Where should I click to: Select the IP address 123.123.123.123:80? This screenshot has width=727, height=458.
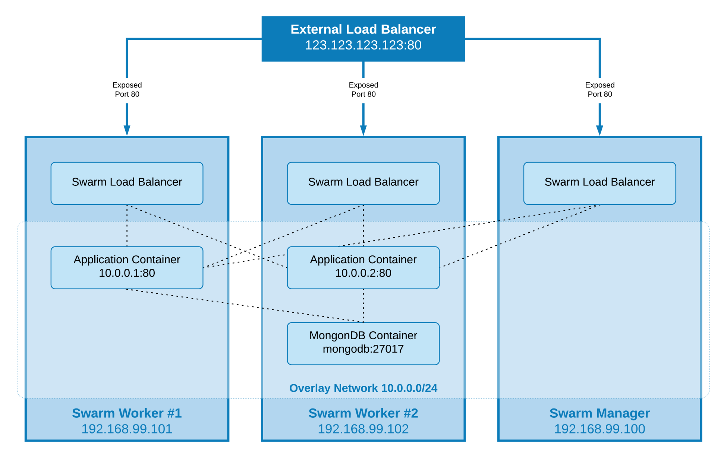click(x=363, y=45)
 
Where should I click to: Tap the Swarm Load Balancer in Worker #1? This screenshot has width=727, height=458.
click(x=127, y=183)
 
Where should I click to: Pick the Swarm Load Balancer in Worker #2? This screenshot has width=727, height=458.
click(x=363, y=183)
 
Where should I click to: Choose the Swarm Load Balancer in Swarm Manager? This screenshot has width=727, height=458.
click(x=599, y=183)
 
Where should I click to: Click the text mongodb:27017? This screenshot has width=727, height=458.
click(x=363, y=349)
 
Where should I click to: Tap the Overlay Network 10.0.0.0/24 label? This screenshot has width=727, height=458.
click(x=363, y=388)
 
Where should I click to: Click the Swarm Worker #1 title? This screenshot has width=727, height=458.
click(x=127, y=413)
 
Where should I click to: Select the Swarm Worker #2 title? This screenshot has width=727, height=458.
click(x=363, y=413)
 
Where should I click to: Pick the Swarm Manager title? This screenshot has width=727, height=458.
click(x=599, y=413)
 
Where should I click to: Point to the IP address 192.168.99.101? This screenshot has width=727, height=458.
click(x=127, y=429)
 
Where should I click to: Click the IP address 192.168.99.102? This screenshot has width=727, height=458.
click(x=363, y=429)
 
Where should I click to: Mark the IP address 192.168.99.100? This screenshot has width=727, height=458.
click(x=599, y=429)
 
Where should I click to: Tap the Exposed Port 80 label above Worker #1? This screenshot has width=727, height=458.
click(x=127, y=89)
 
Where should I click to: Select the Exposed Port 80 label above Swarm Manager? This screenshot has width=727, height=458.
click(x=599, y=89)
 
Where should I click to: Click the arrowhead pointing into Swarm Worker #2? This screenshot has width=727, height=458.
click(x=363, y=130)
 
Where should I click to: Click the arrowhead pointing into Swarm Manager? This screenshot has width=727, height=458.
click(x=599, y=130)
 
